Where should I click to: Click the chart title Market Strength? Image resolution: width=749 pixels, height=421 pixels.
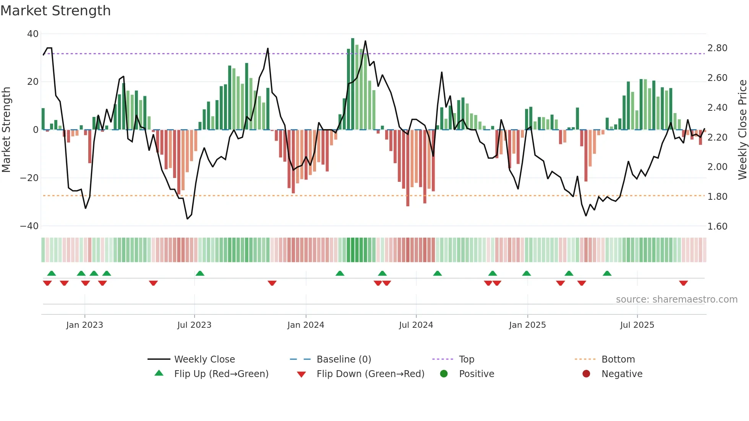pyautogui.click(x=55, y=11)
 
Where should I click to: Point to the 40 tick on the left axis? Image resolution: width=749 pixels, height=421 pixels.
pyautogui.click(x=33, y=34)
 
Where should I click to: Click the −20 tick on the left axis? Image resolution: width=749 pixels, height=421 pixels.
pyautogui.click(x=29, y=178)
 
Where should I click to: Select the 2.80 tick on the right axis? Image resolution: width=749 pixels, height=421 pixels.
pyautogui.click(x=717, y=48)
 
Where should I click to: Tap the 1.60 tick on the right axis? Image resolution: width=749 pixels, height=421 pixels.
pyautogui.click(x=717, y=227)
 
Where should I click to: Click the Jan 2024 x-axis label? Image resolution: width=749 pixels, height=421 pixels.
pyautogui.click(x=306, y=325)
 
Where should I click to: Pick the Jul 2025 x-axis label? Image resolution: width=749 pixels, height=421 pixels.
pyautogui.click(x=637, y=325)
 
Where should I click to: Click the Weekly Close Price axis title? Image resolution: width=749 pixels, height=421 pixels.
pyautogui.click(x=742, y=130)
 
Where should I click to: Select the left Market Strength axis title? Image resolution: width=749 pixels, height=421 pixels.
pyautogui.click(x=6, y=130)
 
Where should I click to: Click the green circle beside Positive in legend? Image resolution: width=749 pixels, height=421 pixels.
pyautogui.click(x=444, y=374)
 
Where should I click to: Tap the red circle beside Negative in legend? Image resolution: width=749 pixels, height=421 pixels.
pyautogui.click(x=586, y=374)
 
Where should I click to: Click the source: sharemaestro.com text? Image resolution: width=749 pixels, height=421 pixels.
pyautogui.click(x=676, y=300)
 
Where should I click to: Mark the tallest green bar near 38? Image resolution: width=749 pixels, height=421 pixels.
pyautogui.click(x=353, y=84)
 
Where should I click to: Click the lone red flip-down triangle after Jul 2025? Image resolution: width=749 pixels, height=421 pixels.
pyautogui.click(x=683, y=283)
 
